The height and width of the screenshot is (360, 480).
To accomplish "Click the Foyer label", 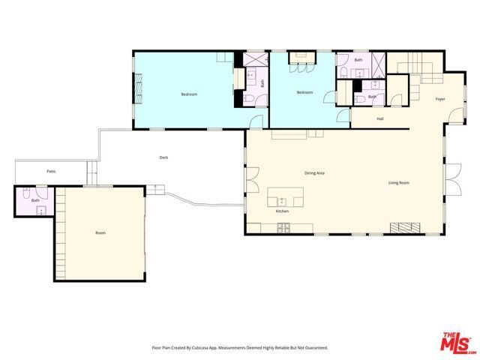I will pyautogui.click(x=440, y=99).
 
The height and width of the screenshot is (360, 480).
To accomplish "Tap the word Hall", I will pyautogui.click(x=380, y=119).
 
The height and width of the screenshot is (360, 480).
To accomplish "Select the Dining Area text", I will pyautogui.click(x=314, y=173).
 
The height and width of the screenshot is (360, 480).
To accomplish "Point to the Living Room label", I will pyautogui.click(x=398, y=183).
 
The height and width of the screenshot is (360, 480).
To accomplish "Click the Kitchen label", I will pyautogui.click(x=282, y=211).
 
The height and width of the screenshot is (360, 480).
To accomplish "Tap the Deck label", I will pyautogui.click(x=163, y=157).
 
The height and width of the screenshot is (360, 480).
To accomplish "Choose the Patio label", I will pyautogui.click(x=51, y=172).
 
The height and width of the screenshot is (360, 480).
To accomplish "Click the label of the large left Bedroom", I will pyautogui.click(x=189, y=94).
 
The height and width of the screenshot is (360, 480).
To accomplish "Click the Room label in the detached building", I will pyautogui.click(x=100, y=233).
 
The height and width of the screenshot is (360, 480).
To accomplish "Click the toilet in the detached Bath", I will pyautogui.click(x=26, y=194).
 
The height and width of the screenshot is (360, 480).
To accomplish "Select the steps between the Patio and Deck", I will pyautogui.click(x=92, y=175).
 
